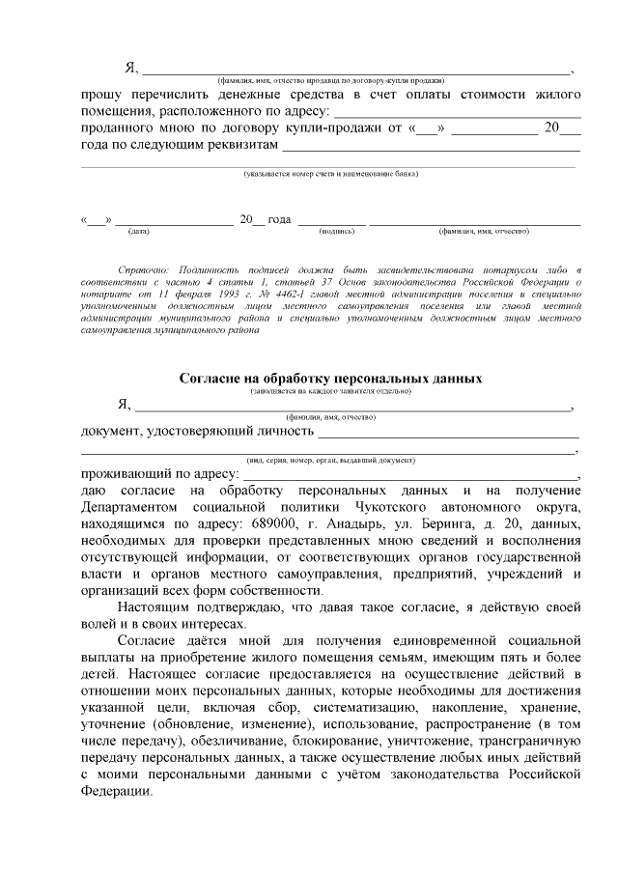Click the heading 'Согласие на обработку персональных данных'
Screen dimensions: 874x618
pos(330,379)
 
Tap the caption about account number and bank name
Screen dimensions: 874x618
pos(330,174)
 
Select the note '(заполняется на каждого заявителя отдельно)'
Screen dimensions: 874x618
pos(330,390)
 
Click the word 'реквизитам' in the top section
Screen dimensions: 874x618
pos(237,145)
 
